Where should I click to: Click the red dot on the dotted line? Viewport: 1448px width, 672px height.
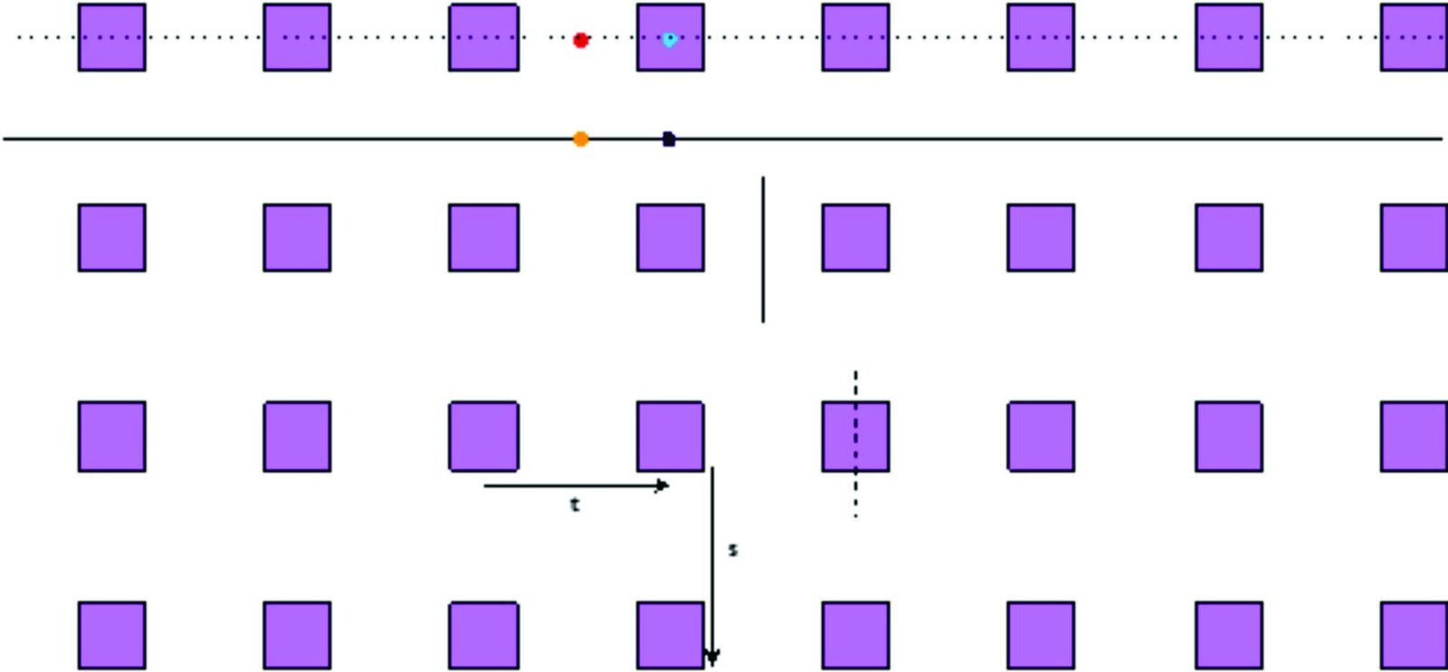tap(580, 40)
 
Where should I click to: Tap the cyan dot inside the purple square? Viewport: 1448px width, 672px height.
tap(670, 40)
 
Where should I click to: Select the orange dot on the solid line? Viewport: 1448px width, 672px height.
tap(580, 139)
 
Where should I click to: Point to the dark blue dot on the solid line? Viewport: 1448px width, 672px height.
tap(669, 139)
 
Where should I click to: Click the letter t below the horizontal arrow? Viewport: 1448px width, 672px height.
tap(575, 505)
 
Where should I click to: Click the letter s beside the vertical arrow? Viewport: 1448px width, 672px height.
tap(732, 550)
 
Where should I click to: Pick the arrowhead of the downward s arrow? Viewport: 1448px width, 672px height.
tap(712, 658)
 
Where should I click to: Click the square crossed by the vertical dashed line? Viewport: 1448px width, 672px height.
tap(856, 437)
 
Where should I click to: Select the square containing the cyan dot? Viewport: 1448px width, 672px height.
tap(671, 37)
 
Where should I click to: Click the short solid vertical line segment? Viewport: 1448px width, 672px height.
tap(764, 249)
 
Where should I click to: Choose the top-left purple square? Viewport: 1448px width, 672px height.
tap(112, 37)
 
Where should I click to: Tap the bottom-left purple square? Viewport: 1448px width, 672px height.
tap(112, 635)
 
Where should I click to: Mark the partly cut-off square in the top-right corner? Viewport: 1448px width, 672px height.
tap(1414, 37)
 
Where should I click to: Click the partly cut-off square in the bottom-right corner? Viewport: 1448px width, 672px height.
tap(1414, 635)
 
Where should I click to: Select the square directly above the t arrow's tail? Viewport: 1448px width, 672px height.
tap(483, 437)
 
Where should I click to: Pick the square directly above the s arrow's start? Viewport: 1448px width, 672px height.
tap(671, 437)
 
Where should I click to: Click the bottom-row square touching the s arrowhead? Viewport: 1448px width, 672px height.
tap(671, 635)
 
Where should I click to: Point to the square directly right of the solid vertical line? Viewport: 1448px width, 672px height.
tap(856, 237)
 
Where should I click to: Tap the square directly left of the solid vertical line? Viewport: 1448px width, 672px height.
tap(671, 237)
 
